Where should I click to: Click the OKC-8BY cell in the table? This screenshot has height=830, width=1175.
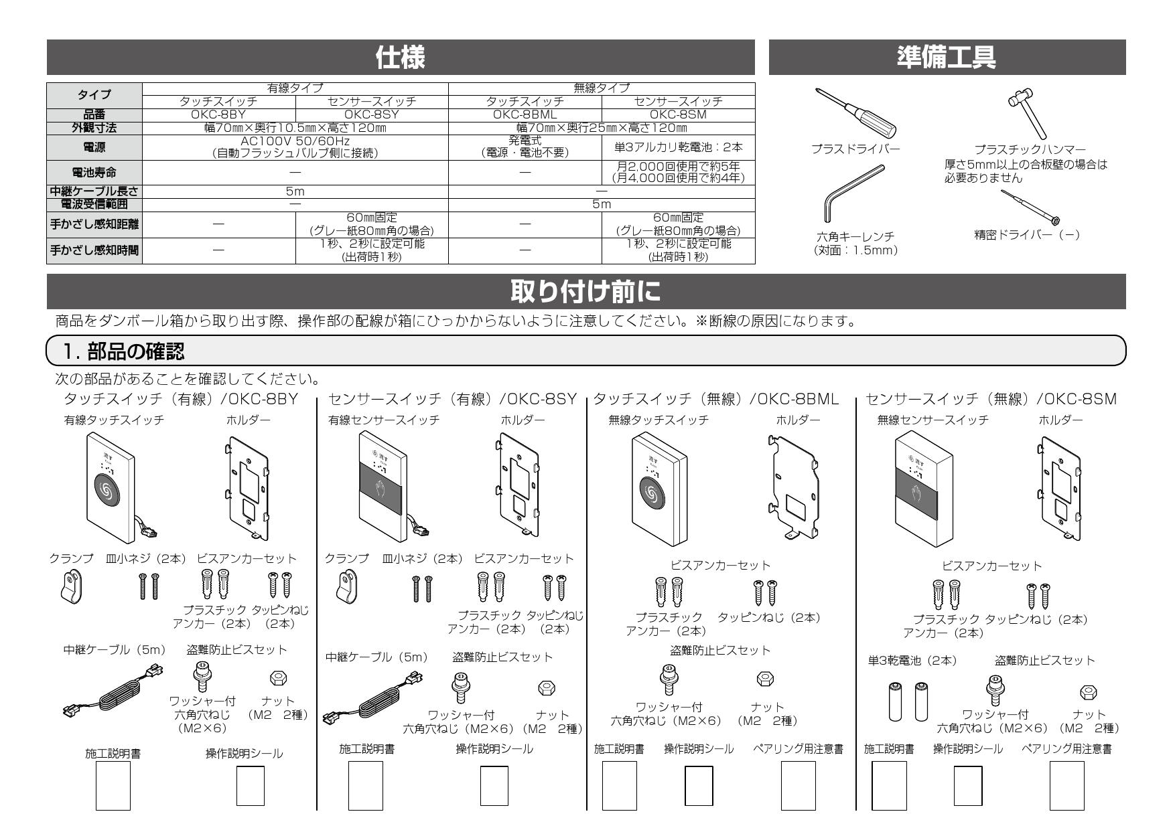[x=218, y=114]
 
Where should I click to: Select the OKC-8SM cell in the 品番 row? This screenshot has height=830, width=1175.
[x=678, y=114]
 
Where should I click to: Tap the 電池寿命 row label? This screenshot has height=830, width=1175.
[x=94, y=173]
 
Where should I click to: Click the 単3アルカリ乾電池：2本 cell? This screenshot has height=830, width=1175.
[x=678, y=147]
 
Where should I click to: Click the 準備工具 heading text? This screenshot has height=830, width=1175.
[x=946, y=58]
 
